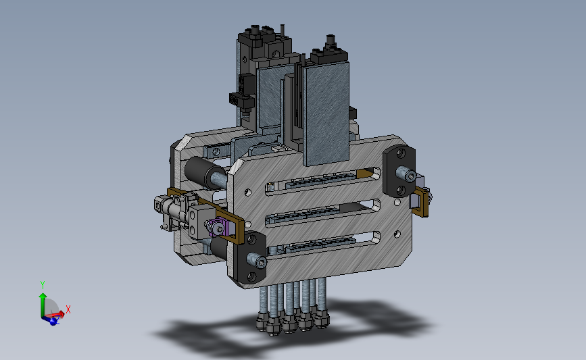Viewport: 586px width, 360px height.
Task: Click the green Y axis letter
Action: tap(42, 285)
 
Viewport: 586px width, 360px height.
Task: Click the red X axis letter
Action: tap(68, 309)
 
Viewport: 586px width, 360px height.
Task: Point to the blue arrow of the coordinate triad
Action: tap(51, 319)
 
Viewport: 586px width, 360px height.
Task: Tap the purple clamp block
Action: tap(218, 227)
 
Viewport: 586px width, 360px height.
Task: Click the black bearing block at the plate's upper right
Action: tap(399, 171)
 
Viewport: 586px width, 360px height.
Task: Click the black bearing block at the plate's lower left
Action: tap(251, 257)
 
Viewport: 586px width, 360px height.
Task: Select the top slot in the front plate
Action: tap(323, 181)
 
